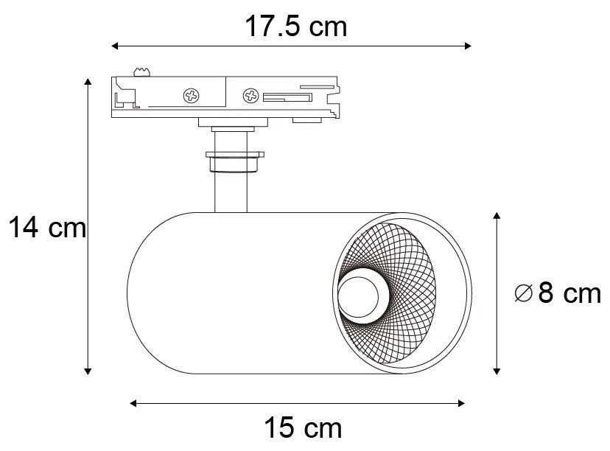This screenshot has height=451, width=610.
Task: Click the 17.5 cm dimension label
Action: coord(295,27)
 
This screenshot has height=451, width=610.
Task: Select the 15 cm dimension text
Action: coord(302,427)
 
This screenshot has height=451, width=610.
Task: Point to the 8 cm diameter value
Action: coord(569,293)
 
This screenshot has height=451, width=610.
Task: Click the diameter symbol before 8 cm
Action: coord(523,294)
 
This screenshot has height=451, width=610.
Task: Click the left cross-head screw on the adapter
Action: coord(192,95)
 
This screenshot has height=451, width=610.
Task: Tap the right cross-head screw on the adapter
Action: coord(250,95)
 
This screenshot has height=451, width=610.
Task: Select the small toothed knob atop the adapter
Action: coord(141,71)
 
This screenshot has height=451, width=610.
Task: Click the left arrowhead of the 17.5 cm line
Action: coord(115,46)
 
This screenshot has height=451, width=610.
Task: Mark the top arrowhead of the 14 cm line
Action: coord(88,80)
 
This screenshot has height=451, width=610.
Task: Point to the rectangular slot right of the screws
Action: coord(287,97)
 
